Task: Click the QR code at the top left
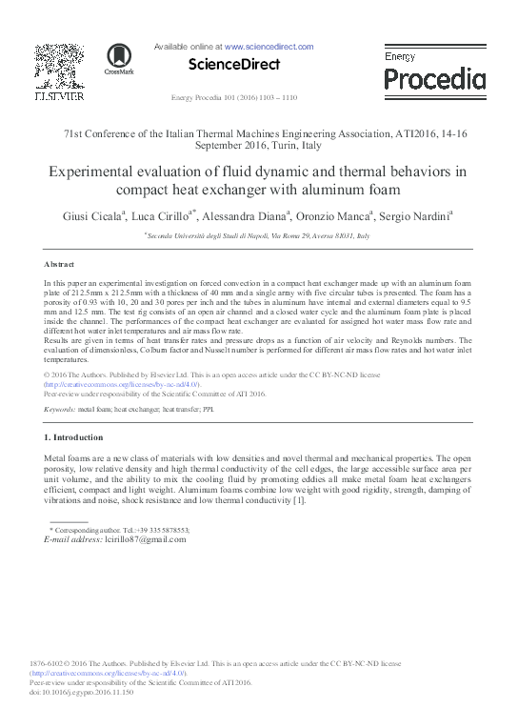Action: pyautogui.click(x=58, y=66)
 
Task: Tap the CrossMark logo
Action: pyautogui.click(x=119, y=60)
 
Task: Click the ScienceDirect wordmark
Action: pyautogui.click(x=234, y=65)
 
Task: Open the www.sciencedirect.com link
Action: pyautogui.click(x=269, y=46)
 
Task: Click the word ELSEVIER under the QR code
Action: pyautogui.click(x=59, y=96)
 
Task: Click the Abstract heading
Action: pyautogui.click(x=59, y=263)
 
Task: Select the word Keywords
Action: pyautogui.click(x=59, y=408)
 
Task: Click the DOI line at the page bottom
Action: pyautogui.click(x=82, y=691)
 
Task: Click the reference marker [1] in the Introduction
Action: pyautogui.click(x=298, y=501)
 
